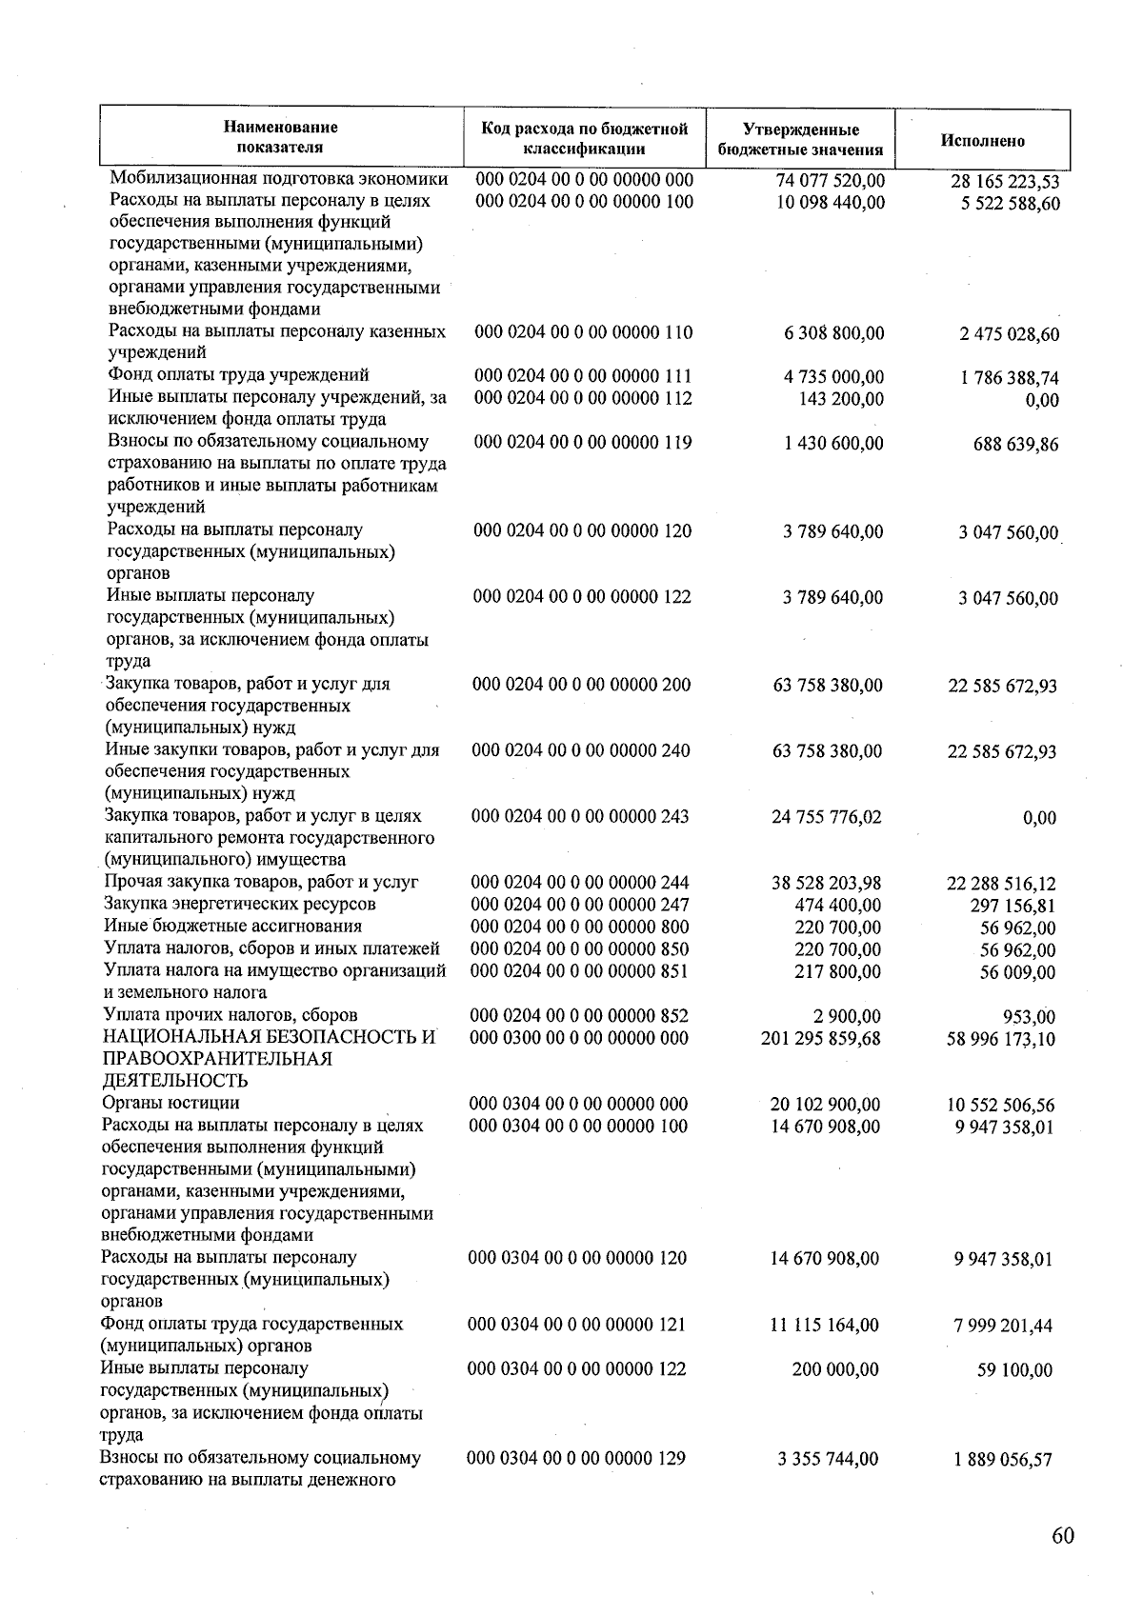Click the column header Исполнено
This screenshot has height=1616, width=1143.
pos(983,141)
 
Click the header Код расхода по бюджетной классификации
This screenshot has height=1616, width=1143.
pos(584,138)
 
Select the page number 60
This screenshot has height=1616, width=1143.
pos(1063,1536)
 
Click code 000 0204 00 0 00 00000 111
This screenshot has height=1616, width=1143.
pos(583,376)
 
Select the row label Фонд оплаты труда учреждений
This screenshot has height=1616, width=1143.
pos(238,375)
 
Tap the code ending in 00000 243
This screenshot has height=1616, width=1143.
pos(580,816)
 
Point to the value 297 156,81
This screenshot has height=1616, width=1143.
pos(1013,906)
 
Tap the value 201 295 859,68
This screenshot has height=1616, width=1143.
pos(821,1038)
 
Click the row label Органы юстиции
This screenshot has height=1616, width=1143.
pos(170,1104)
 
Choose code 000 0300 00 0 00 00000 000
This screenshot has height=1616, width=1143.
pos(579,1038)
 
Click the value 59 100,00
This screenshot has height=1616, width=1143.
pos(1014,1370)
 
